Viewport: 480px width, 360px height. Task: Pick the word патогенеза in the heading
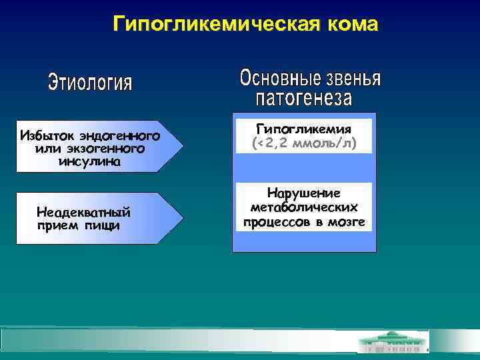coord(304,99)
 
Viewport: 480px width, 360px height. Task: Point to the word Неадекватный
coord(83,213)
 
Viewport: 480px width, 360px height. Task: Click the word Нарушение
coord(304,193)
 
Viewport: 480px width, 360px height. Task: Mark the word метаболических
coord(304,207)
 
